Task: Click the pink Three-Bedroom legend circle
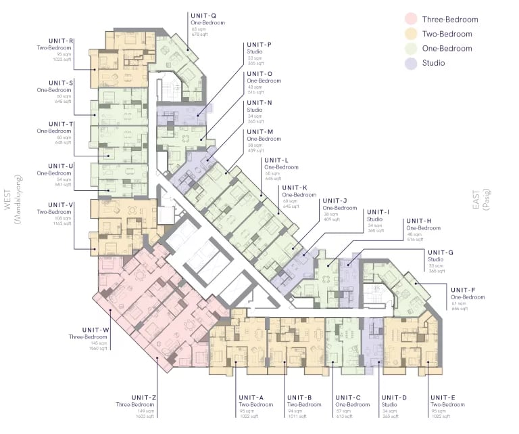410,19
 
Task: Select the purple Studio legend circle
410,63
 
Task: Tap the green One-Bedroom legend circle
410,48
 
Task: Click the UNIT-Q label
203,15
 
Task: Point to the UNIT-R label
61,41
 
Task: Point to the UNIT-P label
259,45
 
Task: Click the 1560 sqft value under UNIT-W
98,349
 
